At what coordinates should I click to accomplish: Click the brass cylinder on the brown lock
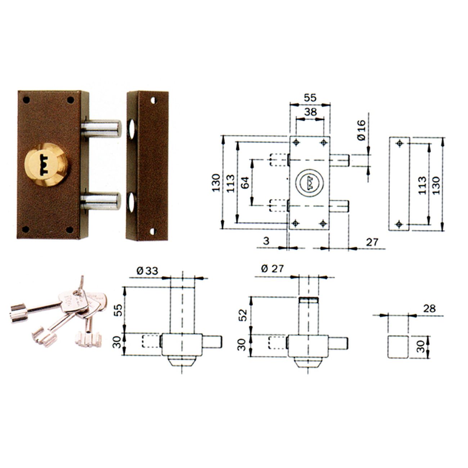46,165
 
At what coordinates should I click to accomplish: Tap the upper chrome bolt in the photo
101,129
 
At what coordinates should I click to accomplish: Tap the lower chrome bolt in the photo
100,201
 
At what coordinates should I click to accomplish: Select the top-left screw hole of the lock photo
26,99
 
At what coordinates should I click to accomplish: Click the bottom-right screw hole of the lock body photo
70,229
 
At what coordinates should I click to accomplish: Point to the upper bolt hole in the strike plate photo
132,129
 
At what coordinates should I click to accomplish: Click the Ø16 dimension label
361,130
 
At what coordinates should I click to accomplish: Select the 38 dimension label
310,112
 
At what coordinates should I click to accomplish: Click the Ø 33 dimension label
147,271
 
